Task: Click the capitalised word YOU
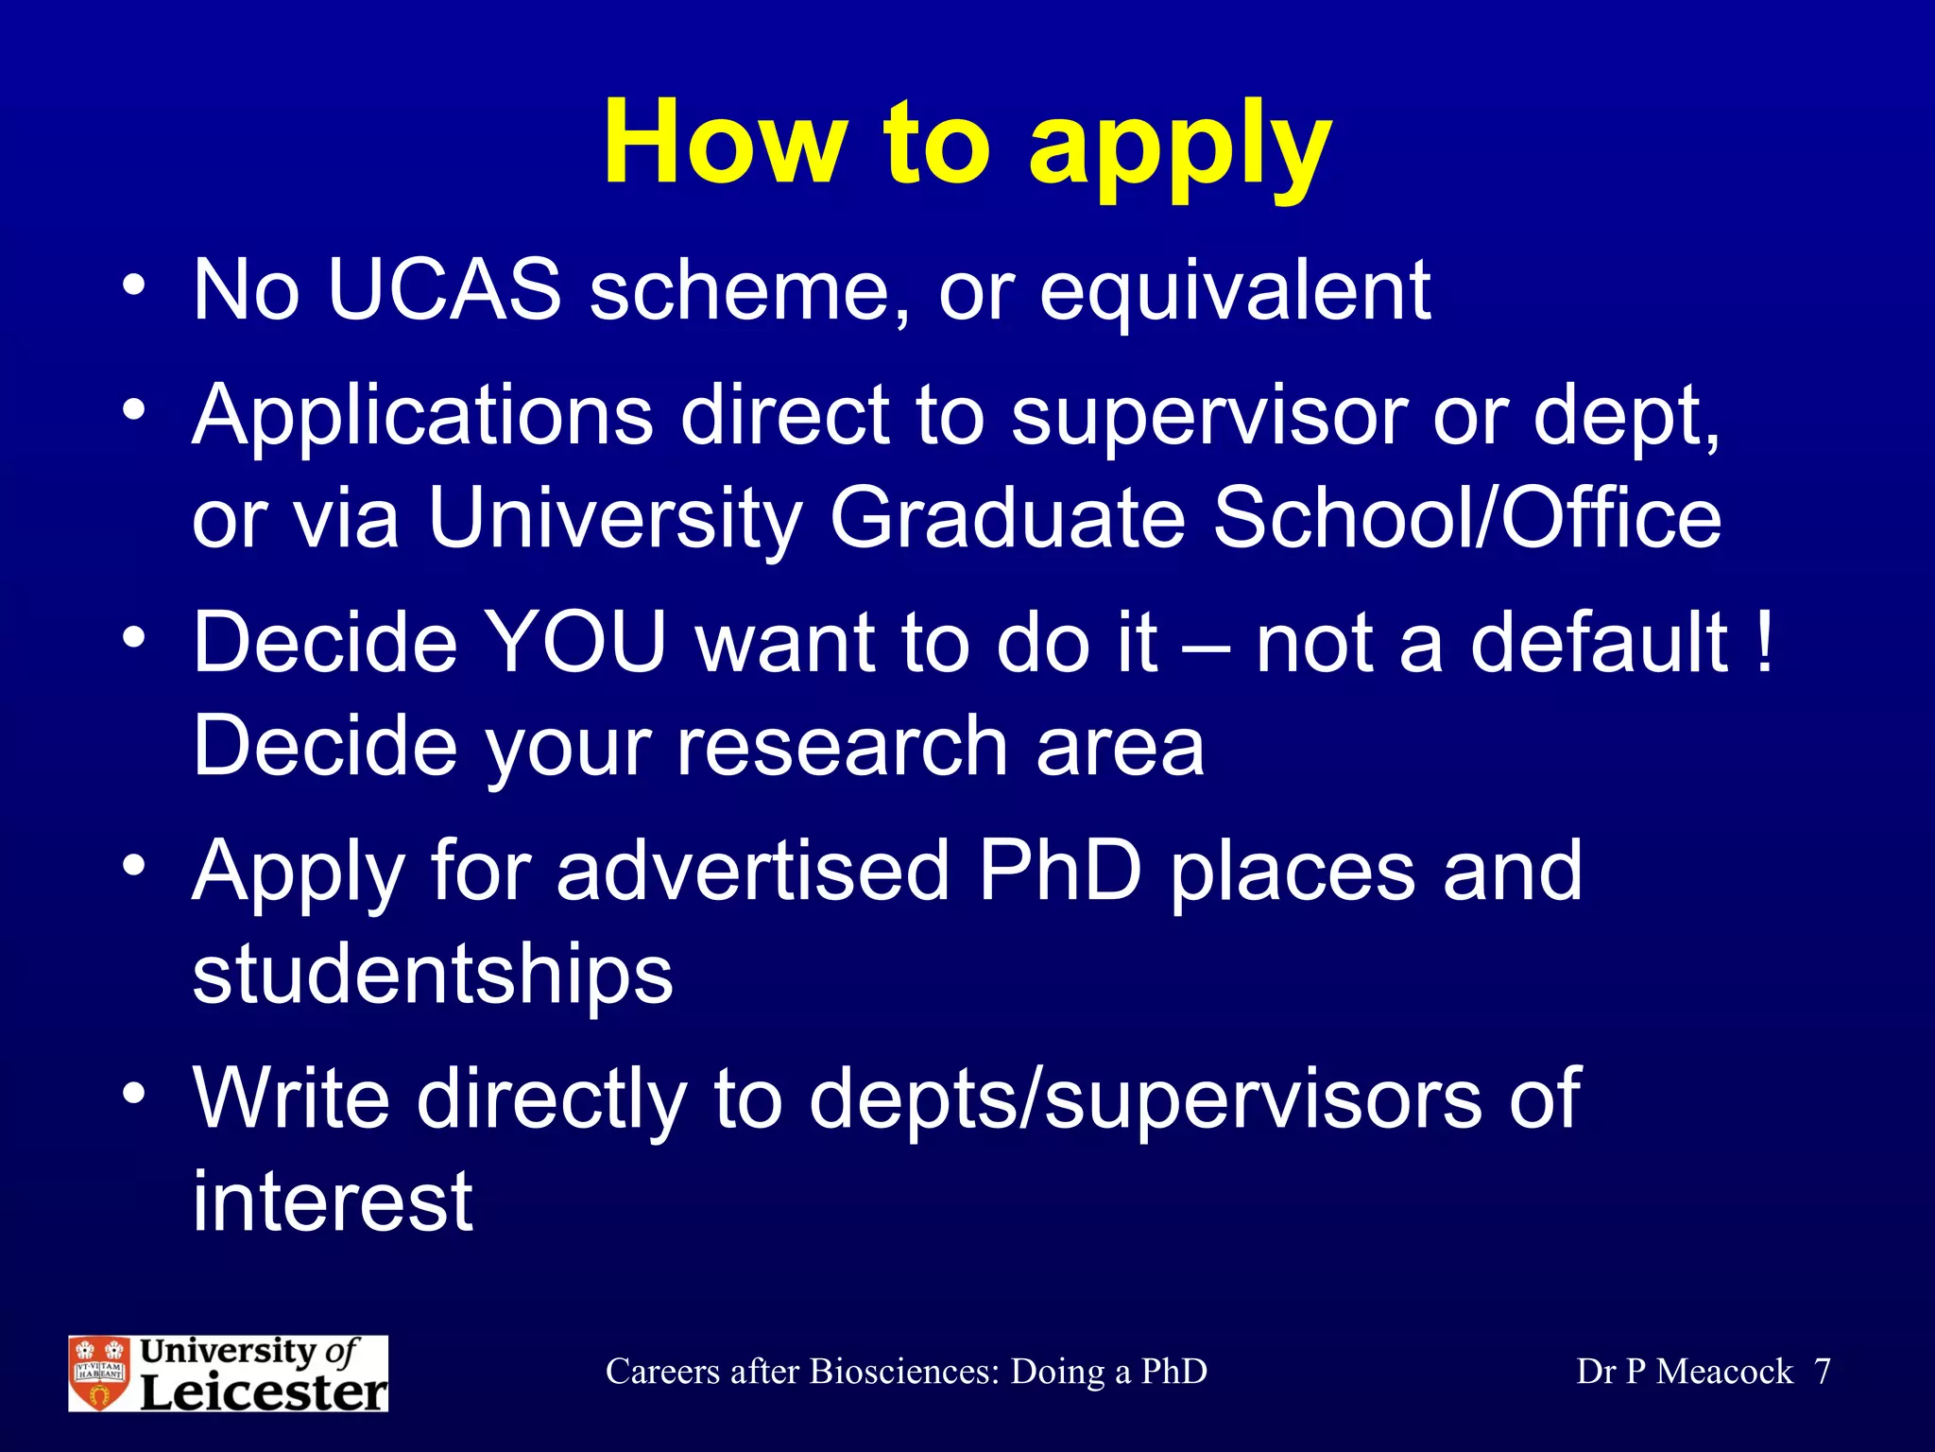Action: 575,643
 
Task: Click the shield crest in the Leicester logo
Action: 100,1374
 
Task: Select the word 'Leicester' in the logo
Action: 264,1391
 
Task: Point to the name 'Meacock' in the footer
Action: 1724,1372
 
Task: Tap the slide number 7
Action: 1823,1372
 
